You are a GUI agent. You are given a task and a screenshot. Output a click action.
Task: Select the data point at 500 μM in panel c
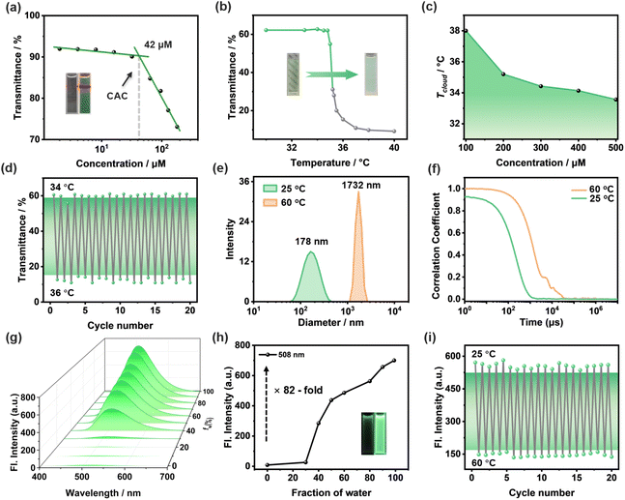click(614, 100)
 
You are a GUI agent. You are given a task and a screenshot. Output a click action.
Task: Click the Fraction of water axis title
click(328, 490)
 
